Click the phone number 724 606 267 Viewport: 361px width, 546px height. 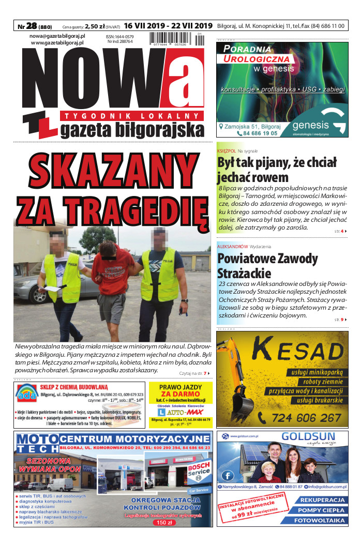pyautogui.click(x=306, y=417)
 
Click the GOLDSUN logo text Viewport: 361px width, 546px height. pyautogui.click(x=308, y=437)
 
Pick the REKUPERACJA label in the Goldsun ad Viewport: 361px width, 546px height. pyautogui.click(x=322, y=501)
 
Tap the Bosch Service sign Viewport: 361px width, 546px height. pyautogui.click(x=199, y=470)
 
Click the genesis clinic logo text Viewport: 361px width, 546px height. pyautogui.click(x=310, y=125)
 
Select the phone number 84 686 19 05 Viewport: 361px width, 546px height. pyautogui.click(x=257, y=133)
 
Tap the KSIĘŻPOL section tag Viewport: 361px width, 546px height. pyautogui.click(x=227, y=150)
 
